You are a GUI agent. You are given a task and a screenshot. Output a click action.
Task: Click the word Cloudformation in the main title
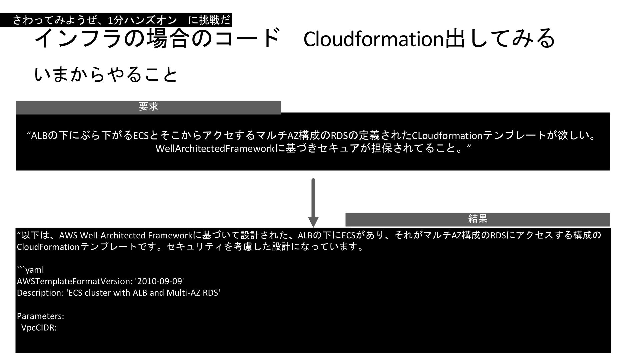[374, 39]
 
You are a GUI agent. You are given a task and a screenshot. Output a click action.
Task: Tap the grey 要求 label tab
[148, 107]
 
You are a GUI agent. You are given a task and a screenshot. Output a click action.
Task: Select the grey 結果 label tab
[478, 219]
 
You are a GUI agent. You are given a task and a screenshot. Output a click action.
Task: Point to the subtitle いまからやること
[106, 74]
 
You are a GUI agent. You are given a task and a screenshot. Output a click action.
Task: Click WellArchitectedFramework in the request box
[215, 148]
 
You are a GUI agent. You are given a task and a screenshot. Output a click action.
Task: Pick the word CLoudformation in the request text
[447, 136]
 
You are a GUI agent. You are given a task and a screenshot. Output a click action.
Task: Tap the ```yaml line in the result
[30, 270]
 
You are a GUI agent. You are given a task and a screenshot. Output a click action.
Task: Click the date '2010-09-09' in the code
[159, 281]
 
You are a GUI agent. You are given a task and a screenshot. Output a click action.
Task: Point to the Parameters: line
[40, 316]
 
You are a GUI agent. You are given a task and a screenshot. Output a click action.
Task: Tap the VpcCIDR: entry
[39, 328]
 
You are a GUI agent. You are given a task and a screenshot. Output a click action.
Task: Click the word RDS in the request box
[339, 136]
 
